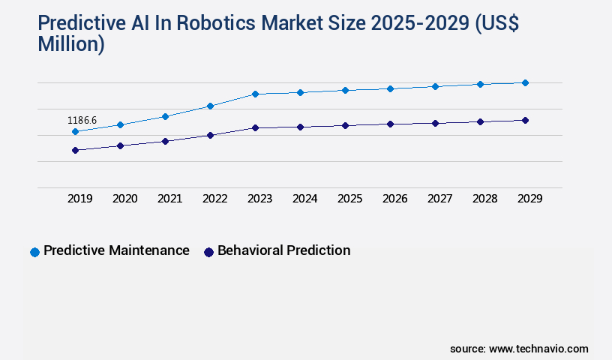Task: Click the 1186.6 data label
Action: tap(82, 120)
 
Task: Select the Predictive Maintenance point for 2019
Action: tap(75, 132)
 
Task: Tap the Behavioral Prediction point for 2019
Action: tap(75, 150)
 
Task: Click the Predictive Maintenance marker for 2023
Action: tap(255, 94)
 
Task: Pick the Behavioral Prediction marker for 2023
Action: tap(255, 127)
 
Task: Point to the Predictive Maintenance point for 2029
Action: tap(525, 82)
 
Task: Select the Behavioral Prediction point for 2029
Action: tap(525, 120)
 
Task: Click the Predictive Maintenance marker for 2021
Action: tap(165, 116)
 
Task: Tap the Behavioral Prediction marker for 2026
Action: tap(390, 124)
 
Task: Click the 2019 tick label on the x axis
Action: tap(80, 199)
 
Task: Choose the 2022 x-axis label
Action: tap(215, 199)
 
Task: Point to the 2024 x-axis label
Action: tap(305, 199)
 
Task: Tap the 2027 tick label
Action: tap(440, 199)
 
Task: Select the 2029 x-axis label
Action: tap(529, 199)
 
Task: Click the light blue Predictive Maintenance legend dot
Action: tap(34, 252)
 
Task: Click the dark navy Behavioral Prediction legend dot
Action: tap(209, 252)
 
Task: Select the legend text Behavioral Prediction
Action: tap(283, 250)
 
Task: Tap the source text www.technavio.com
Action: tap(538, 349)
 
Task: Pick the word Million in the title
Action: tap(71, 45)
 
